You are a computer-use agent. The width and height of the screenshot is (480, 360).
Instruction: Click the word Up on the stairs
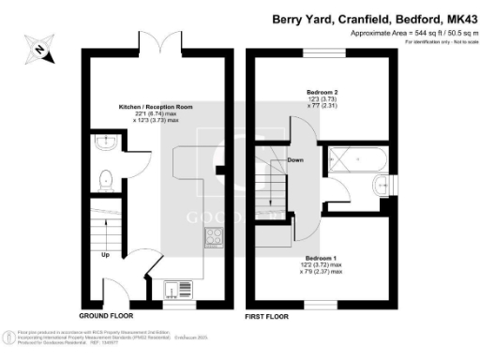click(x=106, y=254)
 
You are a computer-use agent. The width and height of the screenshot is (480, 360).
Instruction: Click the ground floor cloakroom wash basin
click(x=102, y=143)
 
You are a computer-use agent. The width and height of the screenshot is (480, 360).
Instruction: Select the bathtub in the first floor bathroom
click(x=345, y=160)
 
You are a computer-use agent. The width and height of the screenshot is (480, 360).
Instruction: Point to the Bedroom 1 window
click(x=322, y=306)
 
